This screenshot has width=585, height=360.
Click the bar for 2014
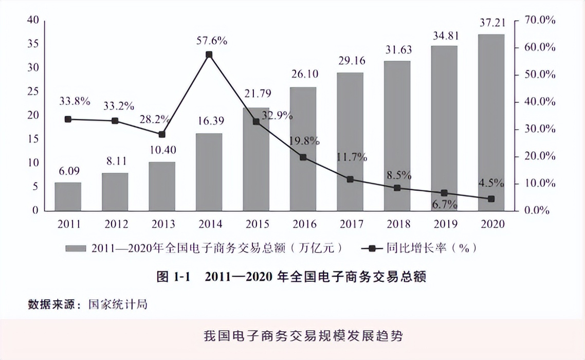coord(209,172)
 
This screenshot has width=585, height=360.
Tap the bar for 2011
coord(68,196)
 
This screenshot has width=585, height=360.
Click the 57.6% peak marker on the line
coord(209,55)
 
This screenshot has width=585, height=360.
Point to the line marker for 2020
coord(491,199)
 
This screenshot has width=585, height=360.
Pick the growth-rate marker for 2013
coord(162,134)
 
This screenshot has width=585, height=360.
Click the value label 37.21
coord(492,22)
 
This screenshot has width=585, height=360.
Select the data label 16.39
coord(209,121)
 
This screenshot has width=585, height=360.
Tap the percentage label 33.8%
coord(75,101)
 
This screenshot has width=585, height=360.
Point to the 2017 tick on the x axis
coord(351,224)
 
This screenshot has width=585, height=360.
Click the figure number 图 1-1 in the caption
coord(173,277)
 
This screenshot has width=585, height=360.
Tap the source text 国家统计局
coord(118,304)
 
